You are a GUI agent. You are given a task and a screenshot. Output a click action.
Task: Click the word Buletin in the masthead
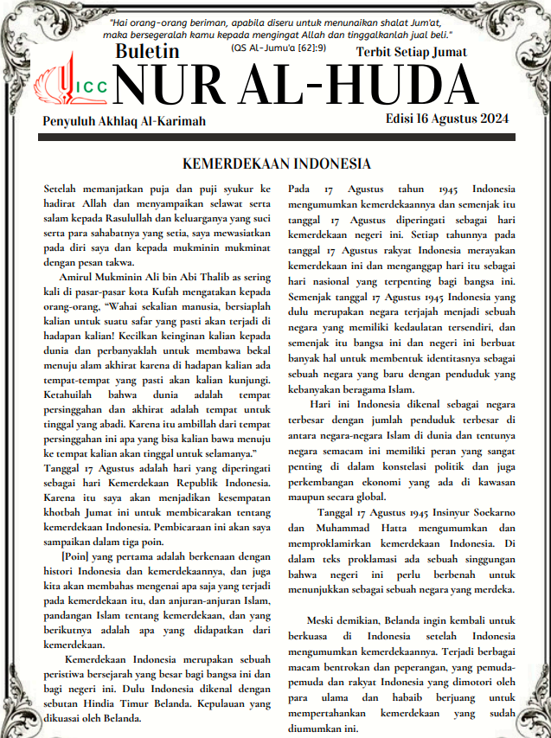tap(147, 51)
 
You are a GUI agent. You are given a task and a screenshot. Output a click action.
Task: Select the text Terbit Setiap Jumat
tap(412, 52)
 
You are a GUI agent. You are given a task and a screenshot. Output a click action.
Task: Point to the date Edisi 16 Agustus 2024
tap(447, 119)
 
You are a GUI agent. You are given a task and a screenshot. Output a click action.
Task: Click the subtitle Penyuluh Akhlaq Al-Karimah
tap(125, 121)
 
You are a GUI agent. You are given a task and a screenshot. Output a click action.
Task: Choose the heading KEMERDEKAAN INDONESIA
tap(277, 164)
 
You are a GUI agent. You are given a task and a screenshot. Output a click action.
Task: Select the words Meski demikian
tap(340, 620)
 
